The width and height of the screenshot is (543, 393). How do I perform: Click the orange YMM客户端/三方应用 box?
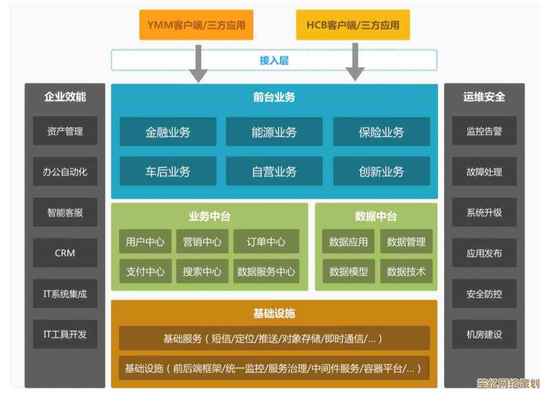coord(196,25)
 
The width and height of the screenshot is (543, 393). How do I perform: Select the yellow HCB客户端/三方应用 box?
coord(352,25)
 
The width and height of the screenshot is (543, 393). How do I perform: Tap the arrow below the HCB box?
coord(355,63)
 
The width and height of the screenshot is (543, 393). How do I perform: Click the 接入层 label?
coord(274,61)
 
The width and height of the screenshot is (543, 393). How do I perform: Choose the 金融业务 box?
coord(168,132)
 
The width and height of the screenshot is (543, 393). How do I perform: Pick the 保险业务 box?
coord(381,132)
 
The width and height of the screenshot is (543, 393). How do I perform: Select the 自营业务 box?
coord(274,172)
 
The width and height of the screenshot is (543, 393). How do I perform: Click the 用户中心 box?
coord(145,242)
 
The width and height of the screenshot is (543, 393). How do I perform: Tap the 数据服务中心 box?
coord(266,272)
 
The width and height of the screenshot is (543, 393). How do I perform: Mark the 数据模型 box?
coord(348,272)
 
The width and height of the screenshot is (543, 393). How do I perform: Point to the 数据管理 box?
coord(406,242)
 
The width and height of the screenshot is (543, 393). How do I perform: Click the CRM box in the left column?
coord(65,253)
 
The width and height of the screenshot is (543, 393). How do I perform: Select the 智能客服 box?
coord(65,212)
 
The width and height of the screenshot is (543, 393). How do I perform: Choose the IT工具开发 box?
coord(65,334)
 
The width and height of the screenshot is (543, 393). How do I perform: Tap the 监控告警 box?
coord(484,132)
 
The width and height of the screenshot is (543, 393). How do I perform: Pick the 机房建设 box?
coord(484,334)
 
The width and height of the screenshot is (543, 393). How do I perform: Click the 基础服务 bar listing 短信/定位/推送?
coord(274,338)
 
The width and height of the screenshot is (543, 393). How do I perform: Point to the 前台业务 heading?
coord(274,97)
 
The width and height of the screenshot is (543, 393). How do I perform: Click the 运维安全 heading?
coord(484,96)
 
